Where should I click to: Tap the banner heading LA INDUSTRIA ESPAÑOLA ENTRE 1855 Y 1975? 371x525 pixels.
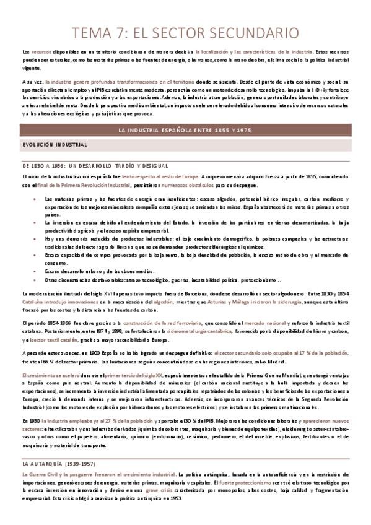click(185, 129)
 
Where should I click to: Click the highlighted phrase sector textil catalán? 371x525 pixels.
click(58, 339)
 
